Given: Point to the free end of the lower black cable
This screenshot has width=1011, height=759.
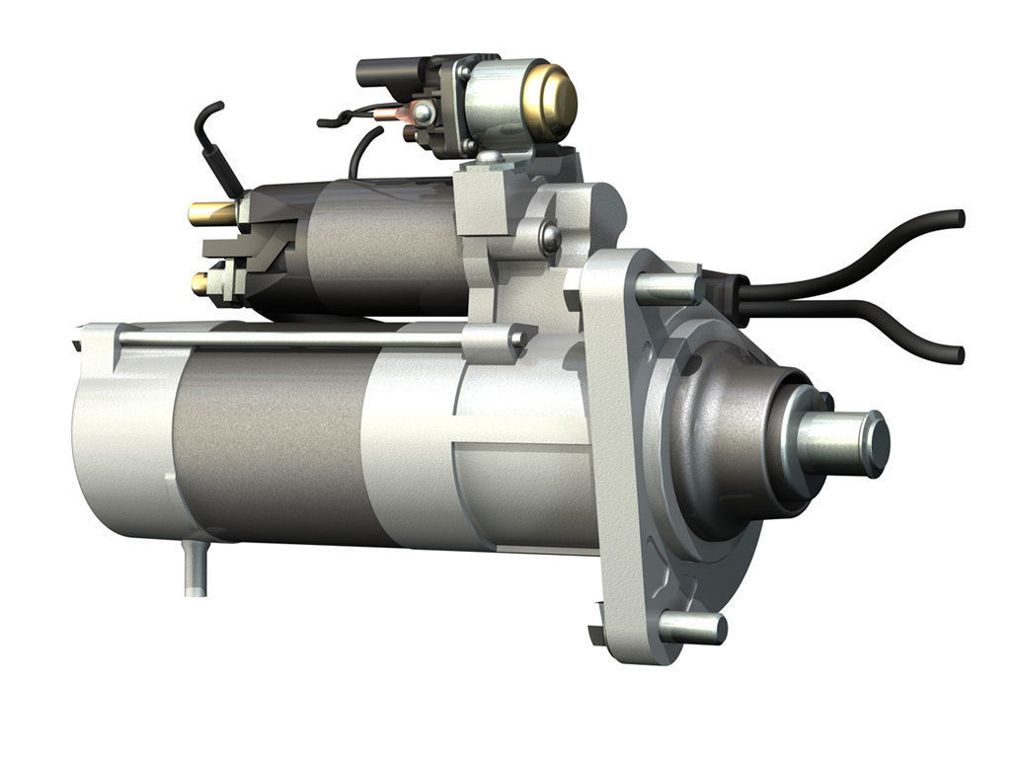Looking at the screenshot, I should click(x=954, y=353).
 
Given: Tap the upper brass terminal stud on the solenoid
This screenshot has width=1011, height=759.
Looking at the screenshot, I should click(x=210, y=212).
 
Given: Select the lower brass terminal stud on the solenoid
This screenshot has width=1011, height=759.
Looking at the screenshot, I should click(x=200, y=283).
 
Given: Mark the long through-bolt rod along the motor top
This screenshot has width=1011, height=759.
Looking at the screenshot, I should click(x=296, y=339).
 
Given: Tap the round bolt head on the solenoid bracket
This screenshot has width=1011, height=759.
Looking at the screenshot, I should click(x=549, y=238).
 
